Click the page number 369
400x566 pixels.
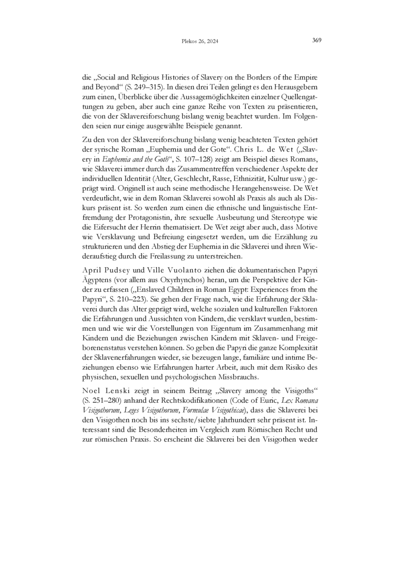[x=316, y=41]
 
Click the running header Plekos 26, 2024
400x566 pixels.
[x=200, y=42]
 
